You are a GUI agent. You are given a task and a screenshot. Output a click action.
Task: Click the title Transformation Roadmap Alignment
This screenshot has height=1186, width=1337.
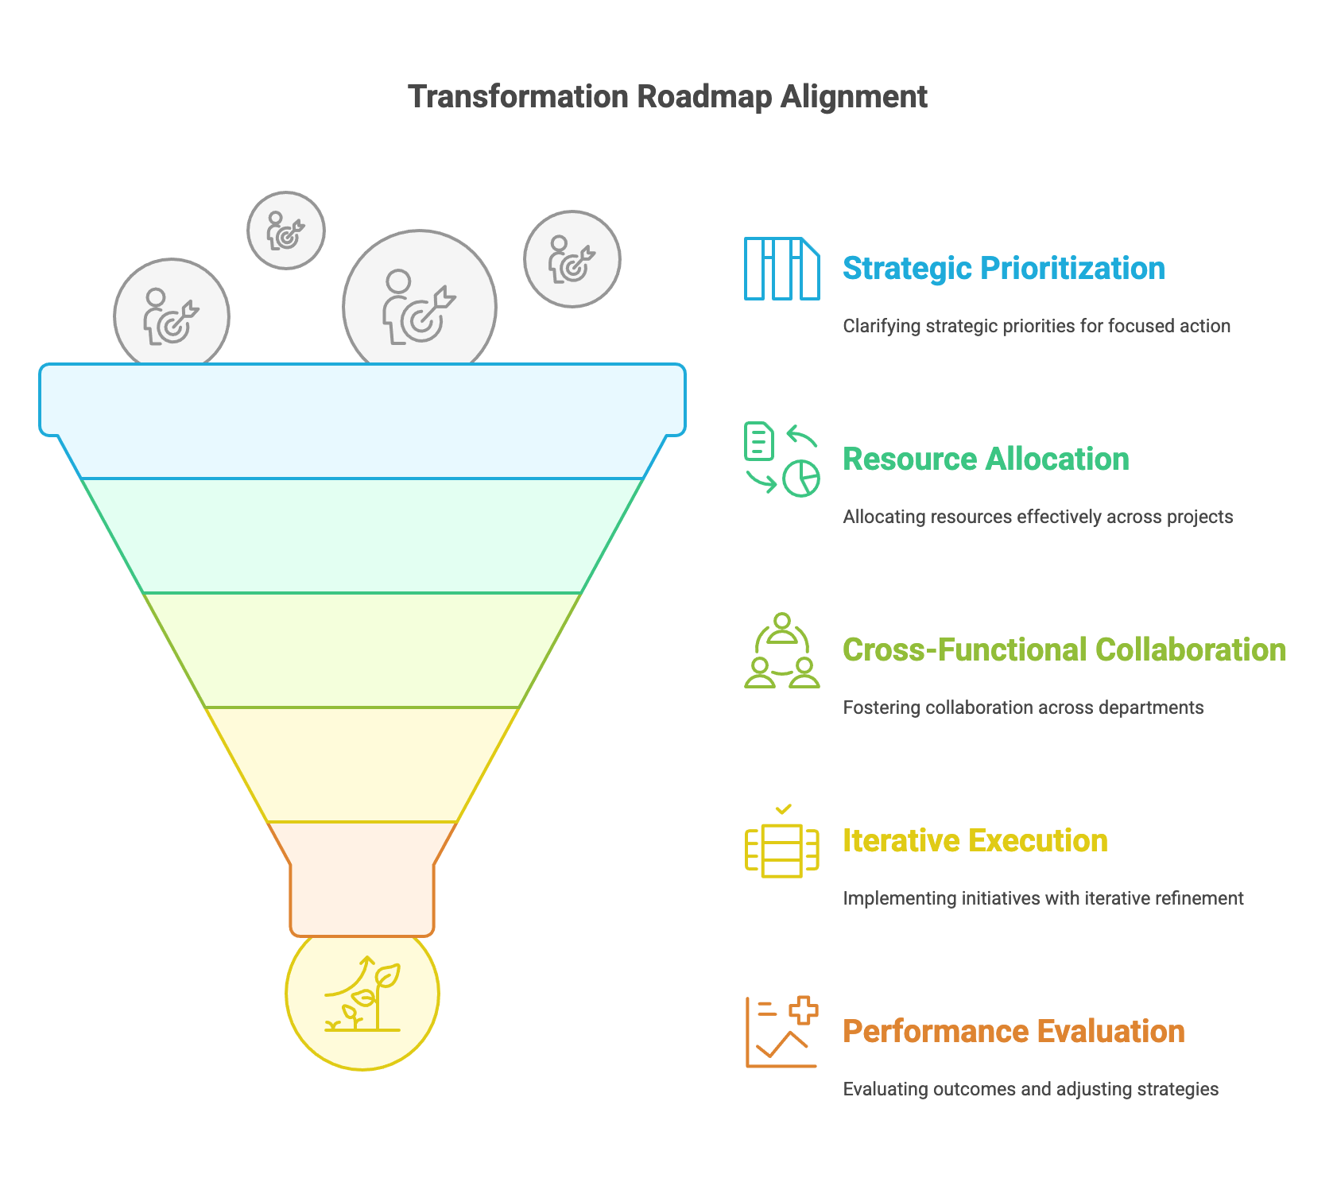668,97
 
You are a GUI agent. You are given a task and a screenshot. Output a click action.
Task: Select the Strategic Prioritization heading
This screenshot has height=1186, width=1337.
1004,269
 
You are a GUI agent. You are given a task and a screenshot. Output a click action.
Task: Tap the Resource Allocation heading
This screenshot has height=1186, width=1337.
986,459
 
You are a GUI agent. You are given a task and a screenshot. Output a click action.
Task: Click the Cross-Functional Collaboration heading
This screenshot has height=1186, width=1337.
1064,650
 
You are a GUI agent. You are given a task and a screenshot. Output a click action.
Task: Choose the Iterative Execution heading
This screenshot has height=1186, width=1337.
975,841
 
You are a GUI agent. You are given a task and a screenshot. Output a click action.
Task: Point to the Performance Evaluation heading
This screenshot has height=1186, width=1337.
1013,1032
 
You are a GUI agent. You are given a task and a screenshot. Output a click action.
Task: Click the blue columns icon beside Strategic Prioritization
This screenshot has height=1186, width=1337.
782,269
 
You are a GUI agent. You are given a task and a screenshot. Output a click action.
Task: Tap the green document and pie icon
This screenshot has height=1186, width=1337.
782,459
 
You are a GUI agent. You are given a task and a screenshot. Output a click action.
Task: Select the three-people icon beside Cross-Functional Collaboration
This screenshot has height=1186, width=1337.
782,650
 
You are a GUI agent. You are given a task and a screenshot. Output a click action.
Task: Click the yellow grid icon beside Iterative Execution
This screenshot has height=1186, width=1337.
782,843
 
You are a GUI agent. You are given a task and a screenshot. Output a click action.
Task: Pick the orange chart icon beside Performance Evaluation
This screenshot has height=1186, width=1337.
782,1032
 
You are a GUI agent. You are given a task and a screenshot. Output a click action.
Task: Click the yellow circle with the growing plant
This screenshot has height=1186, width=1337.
362,994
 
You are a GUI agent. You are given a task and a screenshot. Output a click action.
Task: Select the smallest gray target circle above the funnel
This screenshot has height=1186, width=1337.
286,231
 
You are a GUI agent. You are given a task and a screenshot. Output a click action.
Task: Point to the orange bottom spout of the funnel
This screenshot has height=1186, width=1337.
362,879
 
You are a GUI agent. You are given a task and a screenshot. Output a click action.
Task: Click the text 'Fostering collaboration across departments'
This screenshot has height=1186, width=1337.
1023,707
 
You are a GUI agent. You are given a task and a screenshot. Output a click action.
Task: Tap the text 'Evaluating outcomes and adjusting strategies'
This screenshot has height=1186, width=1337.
1031,1089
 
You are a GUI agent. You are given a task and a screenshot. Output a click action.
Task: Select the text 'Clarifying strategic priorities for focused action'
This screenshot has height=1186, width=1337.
1037,326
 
